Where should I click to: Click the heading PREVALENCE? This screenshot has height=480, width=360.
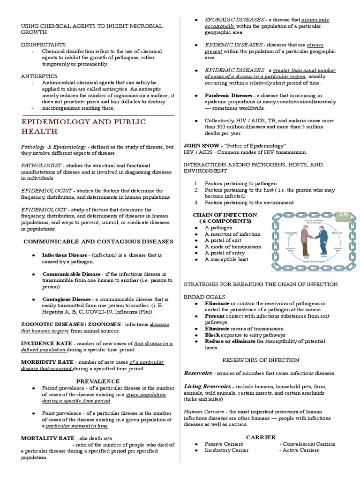pos(98,381)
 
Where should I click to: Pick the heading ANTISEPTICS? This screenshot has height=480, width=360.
pos(39,76)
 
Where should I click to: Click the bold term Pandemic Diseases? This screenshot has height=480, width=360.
pos(228,95)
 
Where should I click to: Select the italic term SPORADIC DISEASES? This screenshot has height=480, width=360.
pos(233,20)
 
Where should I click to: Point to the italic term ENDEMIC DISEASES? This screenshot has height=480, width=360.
pos(233,45)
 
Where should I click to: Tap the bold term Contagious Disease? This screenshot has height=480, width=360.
pos(67,299)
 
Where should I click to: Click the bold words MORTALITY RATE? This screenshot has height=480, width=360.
pos(47,438)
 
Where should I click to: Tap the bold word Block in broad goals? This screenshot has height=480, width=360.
pos(212,335)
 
